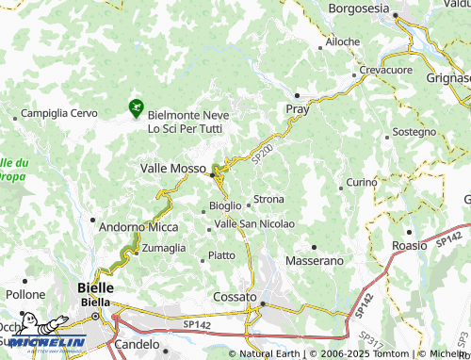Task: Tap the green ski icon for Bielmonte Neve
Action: click(137, 109)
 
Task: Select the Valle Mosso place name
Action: click(173, 168)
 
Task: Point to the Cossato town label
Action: click(235, 296)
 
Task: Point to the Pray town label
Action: click(298, 110)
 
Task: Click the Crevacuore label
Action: click(386, 71)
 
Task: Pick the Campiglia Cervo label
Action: click(59, 113)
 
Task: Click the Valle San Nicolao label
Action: click(254, 223)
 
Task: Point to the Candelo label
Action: click(137, 344)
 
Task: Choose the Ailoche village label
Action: click(342, 42)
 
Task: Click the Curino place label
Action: click(362, 181)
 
